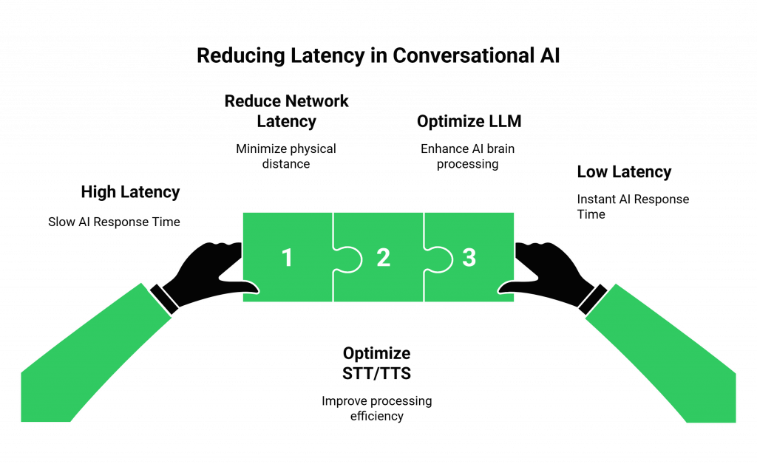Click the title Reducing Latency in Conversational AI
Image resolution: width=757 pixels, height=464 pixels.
378,56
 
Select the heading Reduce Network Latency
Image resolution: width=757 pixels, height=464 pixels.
286,110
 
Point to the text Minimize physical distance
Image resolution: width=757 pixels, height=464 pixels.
286,156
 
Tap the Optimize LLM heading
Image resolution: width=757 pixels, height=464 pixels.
469,121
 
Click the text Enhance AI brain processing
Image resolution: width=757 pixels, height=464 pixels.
468,156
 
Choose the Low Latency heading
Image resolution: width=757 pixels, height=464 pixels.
624,172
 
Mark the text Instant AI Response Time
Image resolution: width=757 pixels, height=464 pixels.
632,206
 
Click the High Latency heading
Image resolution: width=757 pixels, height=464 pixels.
130,192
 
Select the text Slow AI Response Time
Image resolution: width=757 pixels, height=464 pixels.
114,221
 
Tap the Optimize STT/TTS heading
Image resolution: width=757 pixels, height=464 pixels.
376,363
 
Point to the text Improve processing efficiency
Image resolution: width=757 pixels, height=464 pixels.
376,409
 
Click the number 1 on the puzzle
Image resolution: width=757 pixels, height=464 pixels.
287,257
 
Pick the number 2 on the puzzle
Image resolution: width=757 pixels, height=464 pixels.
383,257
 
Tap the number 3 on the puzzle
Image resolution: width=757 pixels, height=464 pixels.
469,257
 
